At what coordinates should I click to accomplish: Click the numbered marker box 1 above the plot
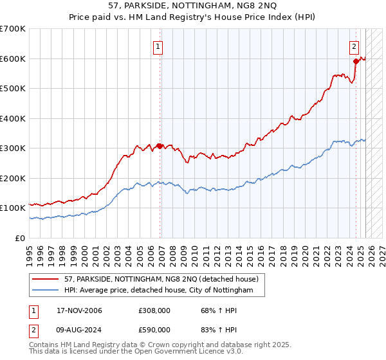click(x=158, y=46)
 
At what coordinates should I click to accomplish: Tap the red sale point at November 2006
click(x=160, y=146)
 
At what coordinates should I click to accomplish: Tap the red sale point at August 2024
click(x=356, y=62)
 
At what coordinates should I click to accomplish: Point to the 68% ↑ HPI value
click(x=210, y=311)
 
